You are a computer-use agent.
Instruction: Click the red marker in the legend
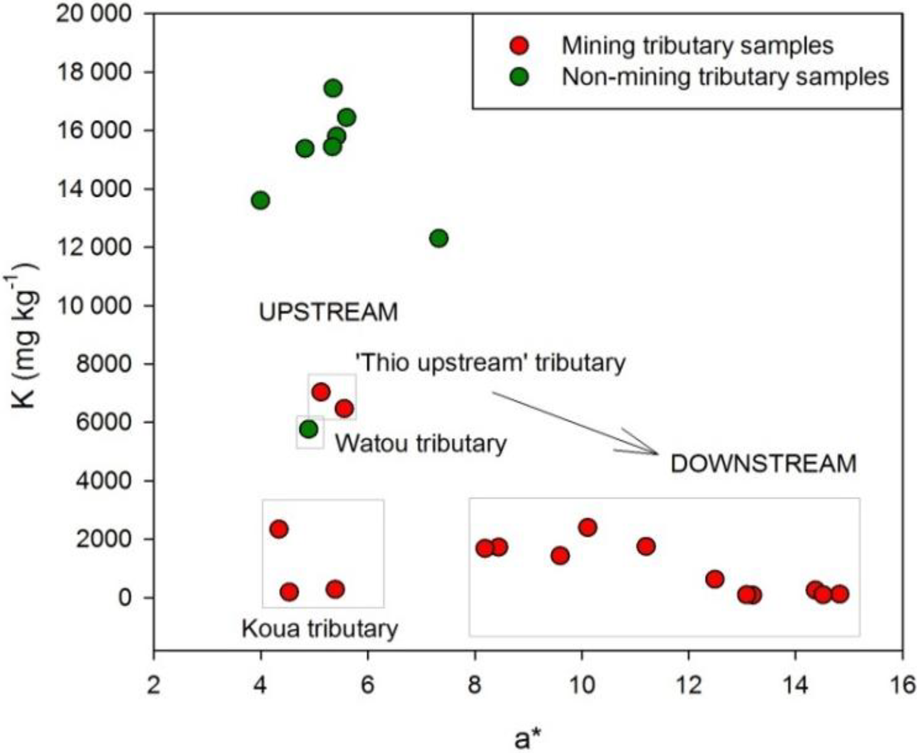click(x=519, y=45)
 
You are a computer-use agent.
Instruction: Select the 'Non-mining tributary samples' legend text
click(x=725, y=77)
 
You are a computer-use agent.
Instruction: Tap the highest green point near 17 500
click(x=333, y=88)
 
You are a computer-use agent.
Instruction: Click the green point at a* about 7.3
click(x=438, y=238)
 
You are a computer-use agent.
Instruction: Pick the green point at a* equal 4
click(x=261, y=200)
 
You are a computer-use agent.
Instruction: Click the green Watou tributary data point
click(x=309, y=429)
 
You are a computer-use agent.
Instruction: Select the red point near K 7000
click(x=321, y=392)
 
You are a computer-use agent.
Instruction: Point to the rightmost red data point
click(x=840, y=594)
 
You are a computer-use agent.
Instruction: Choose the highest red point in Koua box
click(x=279, y=529)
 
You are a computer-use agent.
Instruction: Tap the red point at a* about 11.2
click(x=646, y=546)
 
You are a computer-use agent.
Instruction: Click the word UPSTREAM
click(x=328, y=313)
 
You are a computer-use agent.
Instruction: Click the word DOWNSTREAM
click(x=763, y=464)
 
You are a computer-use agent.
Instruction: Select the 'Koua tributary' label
click(x=320, y=628)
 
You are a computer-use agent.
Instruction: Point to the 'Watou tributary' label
click(x=421, y=444)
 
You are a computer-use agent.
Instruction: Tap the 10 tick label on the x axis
click(x=582, y=685)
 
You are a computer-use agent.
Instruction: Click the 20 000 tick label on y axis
click(x=94, y=14)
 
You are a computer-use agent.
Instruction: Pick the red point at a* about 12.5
click(x=715, y=579)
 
